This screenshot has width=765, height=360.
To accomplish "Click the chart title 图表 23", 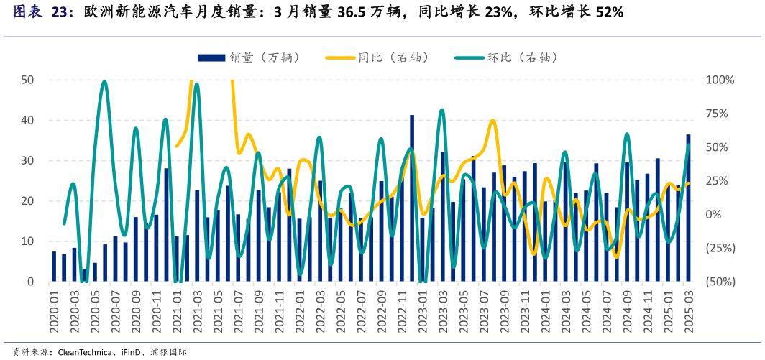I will [x=43, y=13].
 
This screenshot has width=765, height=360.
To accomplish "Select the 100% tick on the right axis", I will [x=720, y=80].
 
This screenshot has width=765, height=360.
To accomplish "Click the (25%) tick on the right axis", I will [x=719, y=248].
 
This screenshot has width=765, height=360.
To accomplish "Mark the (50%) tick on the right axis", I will [x=719, y=282].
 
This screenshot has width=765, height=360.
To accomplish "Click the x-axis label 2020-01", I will [x=54, y=311].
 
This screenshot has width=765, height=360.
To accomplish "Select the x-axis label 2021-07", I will [x=237, y=311].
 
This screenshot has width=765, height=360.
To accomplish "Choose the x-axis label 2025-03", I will [x=688, y=311].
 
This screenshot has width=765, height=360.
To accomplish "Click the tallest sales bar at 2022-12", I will [x=412, y=198].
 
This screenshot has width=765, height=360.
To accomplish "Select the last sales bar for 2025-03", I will [x=688, y=208].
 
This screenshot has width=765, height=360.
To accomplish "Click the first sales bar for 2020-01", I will [x=54, y=267].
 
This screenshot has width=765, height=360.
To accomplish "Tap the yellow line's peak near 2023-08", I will [x=493, y=121].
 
